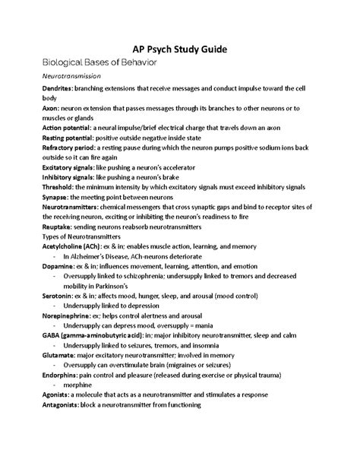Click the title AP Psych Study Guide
click(179, 49)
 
